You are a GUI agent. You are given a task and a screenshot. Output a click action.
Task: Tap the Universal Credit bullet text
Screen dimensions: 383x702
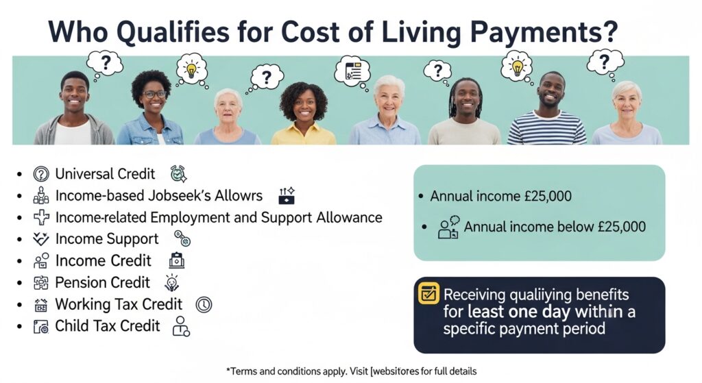[x=105, y=173]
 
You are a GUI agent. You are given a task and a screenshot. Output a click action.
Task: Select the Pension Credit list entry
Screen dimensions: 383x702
[x=102, y=282]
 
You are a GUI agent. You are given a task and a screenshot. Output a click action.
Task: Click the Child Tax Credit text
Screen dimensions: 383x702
[x=108, y=325]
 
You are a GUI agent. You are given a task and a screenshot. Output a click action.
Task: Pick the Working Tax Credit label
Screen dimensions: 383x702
[x=119, y=304]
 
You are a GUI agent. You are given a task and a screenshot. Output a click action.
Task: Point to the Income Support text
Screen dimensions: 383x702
[x=106, y=239]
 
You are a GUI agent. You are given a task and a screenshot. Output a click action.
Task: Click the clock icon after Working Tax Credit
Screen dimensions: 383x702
[x=204, y=304]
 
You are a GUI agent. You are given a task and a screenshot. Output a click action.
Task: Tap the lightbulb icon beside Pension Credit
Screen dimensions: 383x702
[x=171, y=282]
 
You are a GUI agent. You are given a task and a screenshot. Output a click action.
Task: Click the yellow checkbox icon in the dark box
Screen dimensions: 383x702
[x=428, y=294]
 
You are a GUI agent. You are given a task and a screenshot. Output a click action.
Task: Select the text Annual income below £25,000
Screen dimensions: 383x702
[x=555, y=227]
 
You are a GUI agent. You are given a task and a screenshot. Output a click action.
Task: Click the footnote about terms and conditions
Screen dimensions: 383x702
[x=351, y=371]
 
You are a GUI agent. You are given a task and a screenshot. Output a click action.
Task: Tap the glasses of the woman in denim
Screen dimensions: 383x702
[x=154, y=94]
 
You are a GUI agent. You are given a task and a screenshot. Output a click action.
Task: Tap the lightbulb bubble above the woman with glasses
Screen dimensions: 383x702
[x=192, y=69]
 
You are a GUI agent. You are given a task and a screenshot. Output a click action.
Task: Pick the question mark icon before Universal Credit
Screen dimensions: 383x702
[x=41, y=174]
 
